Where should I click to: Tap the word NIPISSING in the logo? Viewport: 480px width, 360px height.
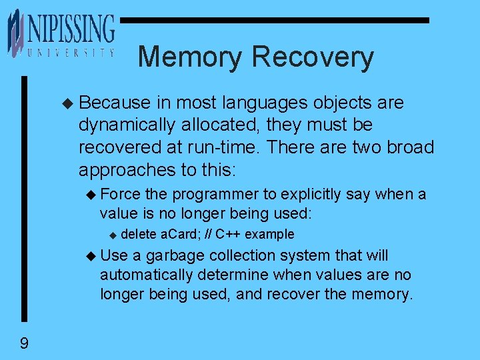click(71, 31)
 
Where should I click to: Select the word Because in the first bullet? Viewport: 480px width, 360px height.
click(115, 103)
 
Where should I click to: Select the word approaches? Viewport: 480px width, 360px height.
click(122, 169)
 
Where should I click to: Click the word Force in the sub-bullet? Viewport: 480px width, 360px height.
click(120, 195)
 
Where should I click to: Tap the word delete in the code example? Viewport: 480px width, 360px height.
click(139, 234)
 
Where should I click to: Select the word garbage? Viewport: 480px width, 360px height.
click(175, 256)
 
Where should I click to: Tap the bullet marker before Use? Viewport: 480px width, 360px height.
click(91, 256)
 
